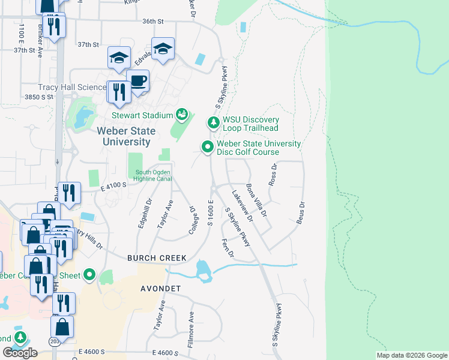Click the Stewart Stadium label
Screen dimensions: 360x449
click(x=142, y=115)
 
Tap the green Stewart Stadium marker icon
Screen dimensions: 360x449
click(x=182, y=115)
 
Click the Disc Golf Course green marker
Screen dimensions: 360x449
click(x=208, y=147)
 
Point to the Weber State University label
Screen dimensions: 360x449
click(x=126, y=136)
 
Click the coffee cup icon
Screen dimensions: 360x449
click(x=138, y=81)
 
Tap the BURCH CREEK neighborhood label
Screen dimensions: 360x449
click(x=157, y=258)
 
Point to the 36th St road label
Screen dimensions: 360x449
click(x=153, y=22)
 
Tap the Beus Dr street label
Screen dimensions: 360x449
click(x=301, y=212)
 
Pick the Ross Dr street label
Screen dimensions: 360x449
click(x=273, y=175)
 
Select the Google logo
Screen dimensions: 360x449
click(x=20, y=352)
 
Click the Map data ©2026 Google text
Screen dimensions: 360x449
click(x=412, y=355)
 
